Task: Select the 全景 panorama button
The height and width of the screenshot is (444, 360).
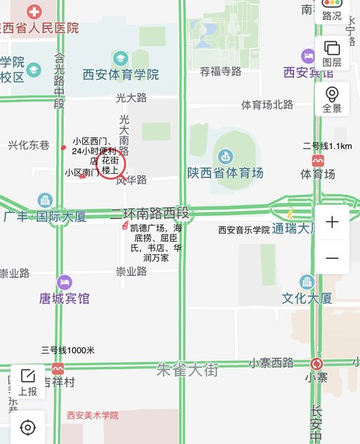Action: tap(332, 99)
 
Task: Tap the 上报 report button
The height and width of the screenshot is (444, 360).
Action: tap(28, 382)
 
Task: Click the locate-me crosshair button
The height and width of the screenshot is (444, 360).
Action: tap(28, 427)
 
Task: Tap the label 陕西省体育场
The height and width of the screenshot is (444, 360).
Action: tap(225, 173)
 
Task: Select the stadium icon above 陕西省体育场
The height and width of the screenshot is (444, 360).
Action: tap(225, 156)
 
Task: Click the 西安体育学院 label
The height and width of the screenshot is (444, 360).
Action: tap(121, 75)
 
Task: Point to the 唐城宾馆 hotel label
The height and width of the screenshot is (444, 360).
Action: tap(64, 299)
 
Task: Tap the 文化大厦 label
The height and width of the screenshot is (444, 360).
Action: tap(307, 299)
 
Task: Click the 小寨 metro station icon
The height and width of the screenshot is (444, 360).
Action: tap(317, 363)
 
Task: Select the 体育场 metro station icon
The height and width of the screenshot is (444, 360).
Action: tap(318, 160)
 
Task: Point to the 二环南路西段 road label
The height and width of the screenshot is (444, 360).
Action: tap(150, 214)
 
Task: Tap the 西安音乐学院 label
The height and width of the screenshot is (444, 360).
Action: tap(244, 230)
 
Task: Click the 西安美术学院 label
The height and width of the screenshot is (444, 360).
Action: tap(93, 416)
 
